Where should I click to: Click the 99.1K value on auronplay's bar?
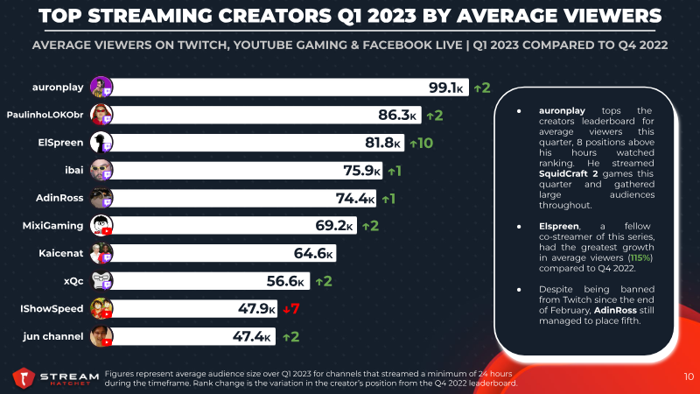pyautogui.click(x=446, y=88)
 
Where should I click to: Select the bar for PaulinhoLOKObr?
pyautogui.click(x=266, y=115)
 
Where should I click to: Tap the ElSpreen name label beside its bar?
pyautogui.click(x=60, y=143)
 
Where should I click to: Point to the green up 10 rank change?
pyautogui.click(x=422, y=143)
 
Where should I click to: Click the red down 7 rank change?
pyautogui.click(x=291, y=309)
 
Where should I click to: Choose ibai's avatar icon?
pyautogui.click(x=101, y=170)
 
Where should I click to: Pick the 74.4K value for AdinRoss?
pyautogui.click(x=355, y=199)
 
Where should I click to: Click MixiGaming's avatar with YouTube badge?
pyautogui.click(x=101, y=226)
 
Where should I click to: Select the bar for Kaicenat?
pyautogui.click(x=223, y=253)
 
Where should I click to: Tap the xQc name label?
pyautogui.click(x=73, y=281)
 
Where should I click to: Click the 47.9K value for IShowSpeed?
pyautogui.click(x=256, y=309)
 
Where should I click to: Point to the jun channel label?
pyautogui.click(x=53, y=336)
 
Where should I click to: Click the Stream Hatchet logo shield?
pyautogui.click(x=24, y=378)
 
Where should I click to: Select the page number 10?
pyautogui.click(x=689, y=377)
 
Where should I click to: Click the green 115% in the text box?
pyautogui.click(x=640, y=257)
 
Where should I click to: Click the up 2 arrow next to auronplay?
pyautogui.click(x=482, y=88)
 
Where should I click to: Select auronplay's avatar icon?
pyautogui.click(x=101, y=87)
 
